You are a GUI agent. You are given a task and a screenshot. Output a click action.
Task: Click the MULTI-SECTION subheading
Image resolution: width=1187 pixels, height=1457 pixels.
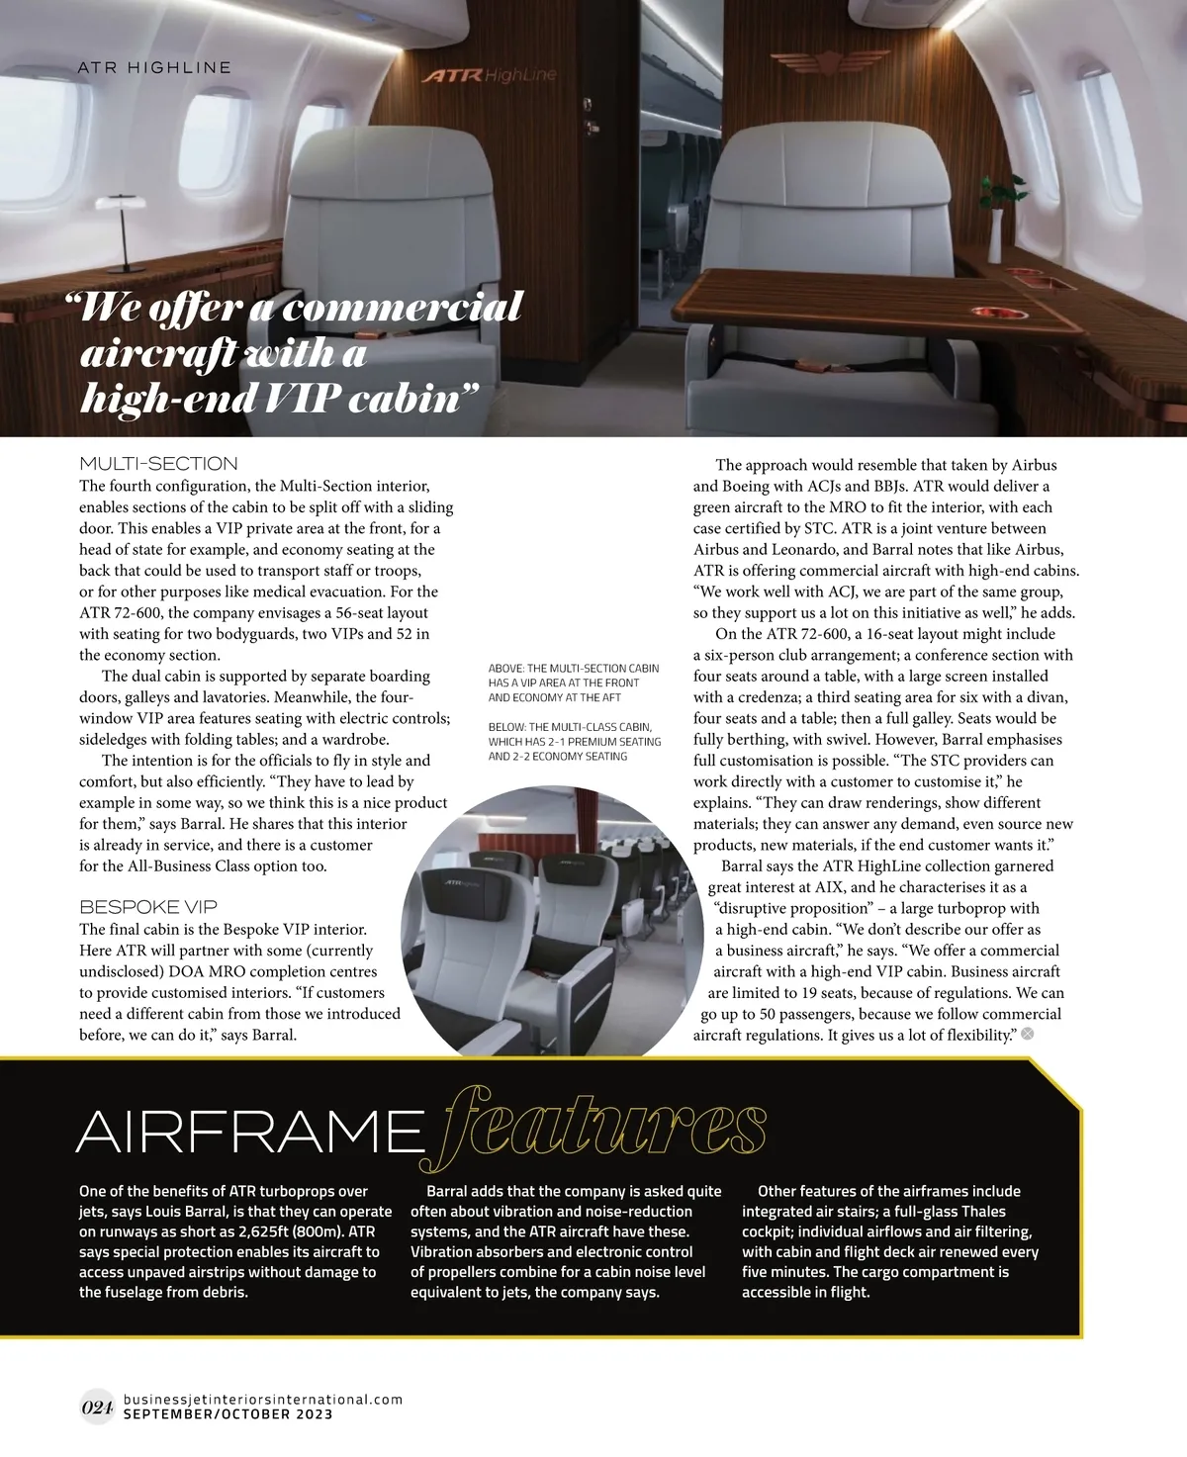tap(158, 463)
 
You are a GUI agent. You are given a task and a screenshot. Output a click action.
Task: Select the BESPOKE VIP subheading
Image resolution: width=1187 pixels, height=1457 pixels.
tap(147, 906)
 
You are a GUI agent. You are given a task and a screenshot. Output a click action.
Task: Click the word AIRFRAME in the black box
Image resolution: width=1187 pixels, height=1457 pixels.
tap(247, 1130)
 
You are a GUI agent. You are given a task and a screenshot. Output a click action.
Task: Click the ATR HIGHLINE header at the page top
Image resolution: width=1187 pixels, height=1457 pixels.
tap(154, 67)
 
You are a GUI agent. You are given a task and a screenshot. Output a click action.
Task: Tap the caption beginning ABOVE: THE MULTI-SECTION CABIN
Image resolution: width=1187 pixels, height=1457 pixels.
tap(574, 683)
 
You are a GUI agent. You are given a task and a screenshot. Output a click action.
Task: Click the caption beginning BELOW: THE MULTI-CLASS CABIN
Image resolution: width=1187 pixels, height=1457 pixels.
tap(575, 741)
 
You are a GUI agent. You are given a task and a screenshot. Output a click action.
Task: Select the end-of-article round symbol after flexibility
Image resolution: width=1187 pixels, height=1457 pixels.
tap(1027, 1034)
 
